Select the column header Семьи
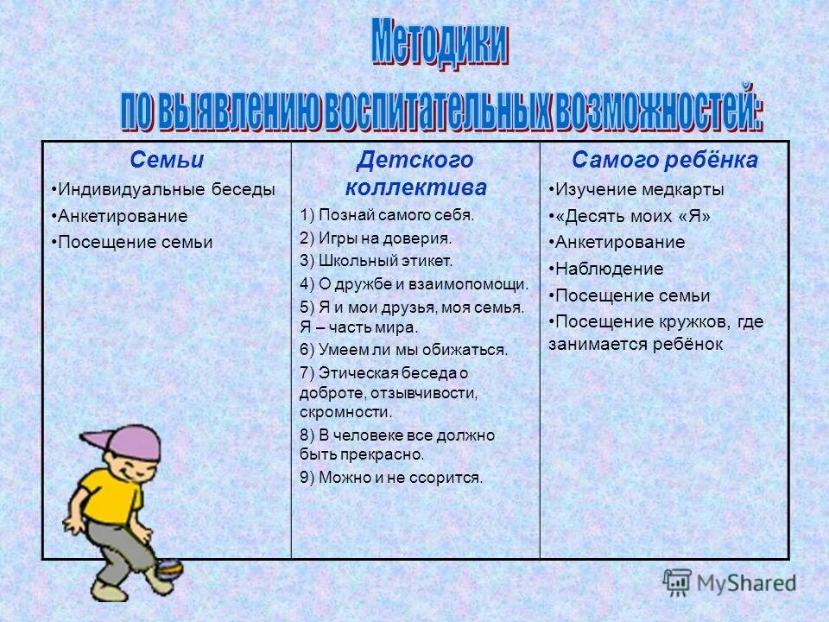167,160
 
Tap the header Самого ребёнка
664,160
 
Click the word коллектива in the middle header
415,187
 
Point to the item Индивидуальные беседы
163,189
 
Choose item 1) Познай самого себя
388,215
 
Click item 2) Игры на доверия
376,238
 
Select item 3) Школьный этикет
376,260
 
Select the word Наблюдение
609,269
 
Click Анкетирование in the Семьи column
122,216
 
